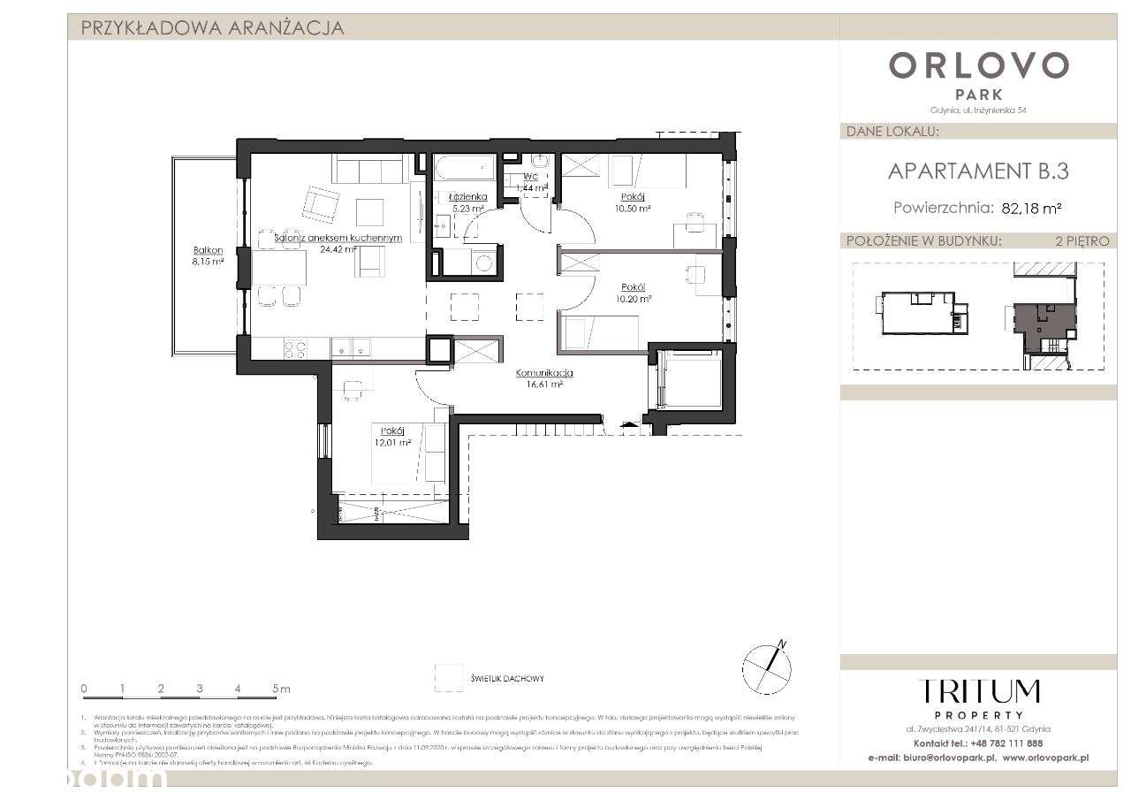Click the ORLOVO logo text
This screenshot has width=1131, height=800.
978,65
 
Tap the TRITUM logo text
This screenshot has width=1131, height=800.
978,692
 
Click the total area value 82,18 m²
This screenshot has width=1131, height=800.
1031,209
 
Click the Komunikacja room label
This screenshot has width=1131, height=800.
544,373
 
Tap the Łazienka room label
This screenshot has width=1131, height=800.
467,196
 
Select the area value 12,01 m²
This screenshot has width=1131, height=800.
393,443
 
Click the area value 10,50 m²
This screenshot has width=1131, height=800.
633,209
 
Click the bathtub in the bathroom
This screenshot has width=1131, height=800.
465,165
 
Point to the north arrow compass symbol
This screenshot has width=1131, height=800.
765,665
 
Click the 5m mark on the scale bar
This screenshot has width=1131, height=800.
280,688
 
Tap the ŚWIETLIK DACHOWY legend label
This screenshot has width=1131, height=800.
508,679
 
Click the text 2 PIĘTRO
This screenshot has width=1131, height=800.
1081,240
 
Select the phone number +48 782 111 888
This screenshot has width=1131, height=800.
1005,743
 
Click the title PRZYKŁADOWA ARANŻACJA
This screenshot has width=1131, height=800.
212,27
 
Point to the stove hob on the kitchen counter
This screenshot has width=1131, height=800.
295,349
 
